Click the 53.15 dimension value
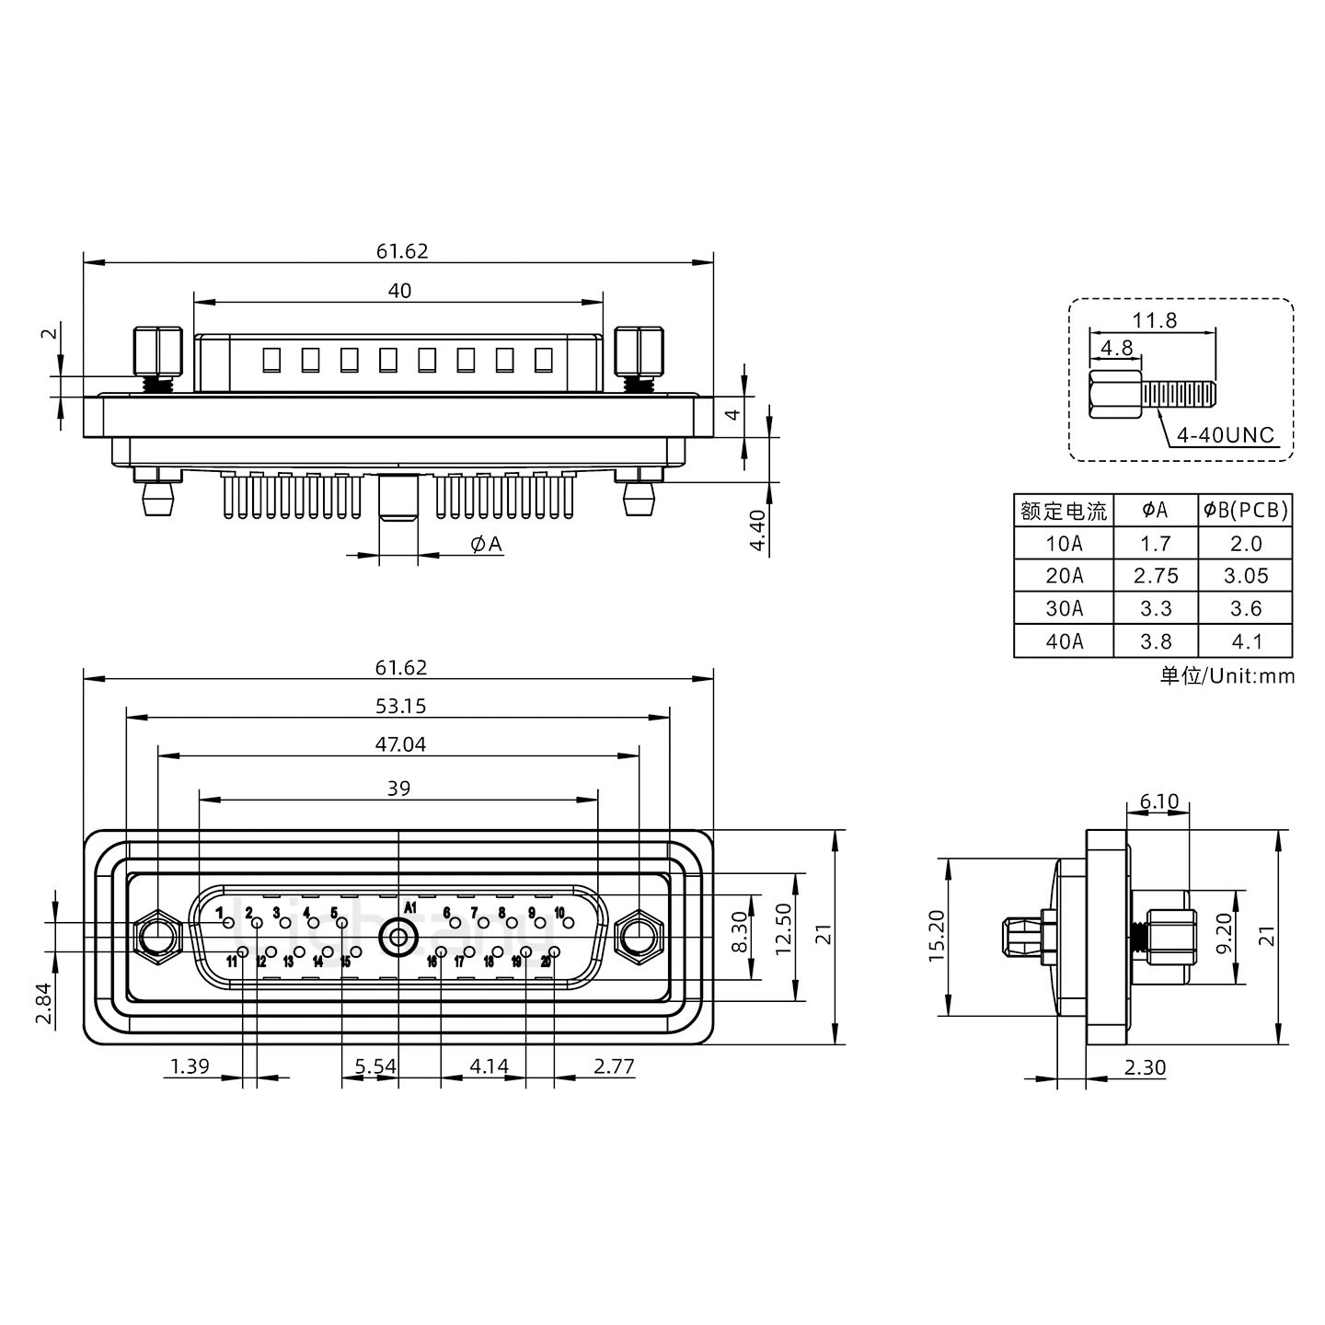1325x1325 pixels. click(400, 706)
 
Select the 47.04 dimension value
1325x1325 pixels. click(400, 744)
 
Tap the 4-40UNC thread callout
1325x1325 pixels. click(1226, 435)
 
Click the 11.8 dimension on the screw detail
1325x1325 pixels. click(1154, 320)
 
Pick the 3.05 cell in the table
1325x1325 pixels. click(1246, 576)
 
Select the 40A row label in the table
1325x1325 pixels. click(1064, 641)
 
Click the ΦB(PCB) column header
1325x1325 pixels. click(1246, 510)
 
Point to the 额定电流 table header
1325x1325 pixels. click(1064, 511)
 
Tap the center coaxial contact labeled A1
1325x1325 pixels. click(398, 939)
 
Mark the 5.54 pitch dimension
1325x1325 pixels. click(375, 1066)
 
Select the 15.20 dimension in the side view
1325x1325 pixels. click(937, 937)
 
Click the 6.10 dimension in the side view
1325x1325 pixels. click(1158, 801)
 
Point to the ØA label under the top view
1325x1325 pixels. click(486, 545)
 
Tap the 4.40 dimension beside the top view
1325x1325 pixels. click(757, 531)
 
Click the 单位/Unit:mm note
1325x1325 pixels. click(1227, 676)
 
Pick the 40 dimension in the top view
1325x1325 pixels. click(399, 291)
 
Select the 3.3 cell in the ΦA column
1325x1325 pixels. click(1156, 609)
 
